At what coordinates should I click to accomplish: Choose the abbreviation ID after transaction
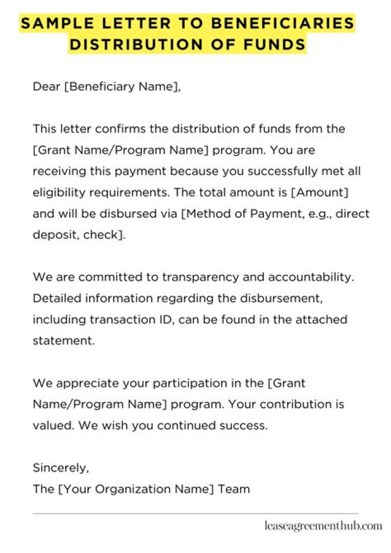pyautogui.click(x=166, y=319)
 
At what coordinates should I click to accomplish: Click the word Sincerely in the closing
pyautogui.click(x=60, y=468)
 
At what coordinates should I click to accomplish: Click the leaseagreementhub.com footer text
pyautogui.click(x=323, y=526)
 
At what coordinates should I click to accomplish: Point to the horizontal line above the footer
pyautogui.click(x=195, y=513)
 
